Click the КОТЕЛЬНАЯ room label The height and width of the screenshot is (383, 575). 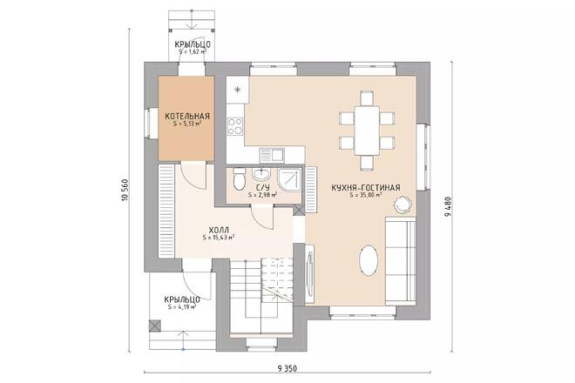point(186,115)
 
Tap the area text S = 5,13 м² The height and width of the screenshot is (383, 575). point(186,124)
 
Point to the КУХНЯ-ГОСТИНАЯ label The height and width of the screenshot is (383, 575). point(366,187)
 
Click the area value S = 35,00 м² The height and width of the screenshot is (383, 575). point(366,196)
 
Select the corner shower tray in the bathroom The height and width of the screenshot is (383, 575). point(292,178)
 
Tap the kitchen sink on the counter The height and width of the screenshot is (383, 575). point(277,155)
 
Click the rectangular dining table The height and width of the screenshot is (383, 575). point(366,129)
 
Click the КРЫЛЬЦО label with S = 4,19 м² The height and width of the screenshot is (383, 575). point(181,299)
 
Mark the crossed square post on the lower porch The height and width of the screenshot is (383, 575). point(156,326)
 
